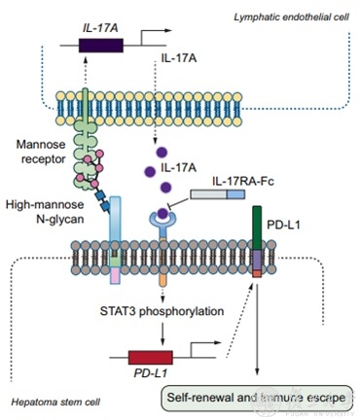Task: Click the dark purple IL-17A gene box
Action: tap(101, 46)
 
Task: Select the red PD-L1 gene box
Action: tap(151, 358)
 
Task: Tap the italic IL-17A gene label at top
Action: tap(100, 28)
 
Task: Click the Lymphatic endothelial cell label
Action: tap(291, 17)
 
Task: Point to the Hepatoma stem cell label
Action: tap(55, 402)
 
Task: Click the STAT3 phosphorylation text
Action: tap(162, 311)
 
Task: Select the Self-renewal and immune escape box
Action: tap(257, 398)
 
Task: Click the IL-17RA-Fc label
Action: tap(243, 181)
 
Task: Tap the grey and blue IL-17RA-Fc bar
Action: tap(218, 194)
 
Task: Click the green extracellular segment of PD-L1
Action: tap(257, 227)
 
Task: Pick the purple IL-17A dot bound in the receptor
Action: tap(162, 213)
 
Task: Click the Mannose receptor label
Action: tap(41, 152)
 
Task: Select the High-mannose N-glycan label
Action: tap(45, 212)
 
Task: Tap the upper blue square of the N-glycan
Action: tap(100, 195)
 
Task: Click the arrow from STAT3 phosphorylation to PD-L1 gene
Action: tap(162, 335)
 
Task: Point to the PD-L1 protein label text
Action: tap(284, 225)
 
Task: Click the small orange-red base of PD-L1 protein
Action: tap(257, 274)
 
